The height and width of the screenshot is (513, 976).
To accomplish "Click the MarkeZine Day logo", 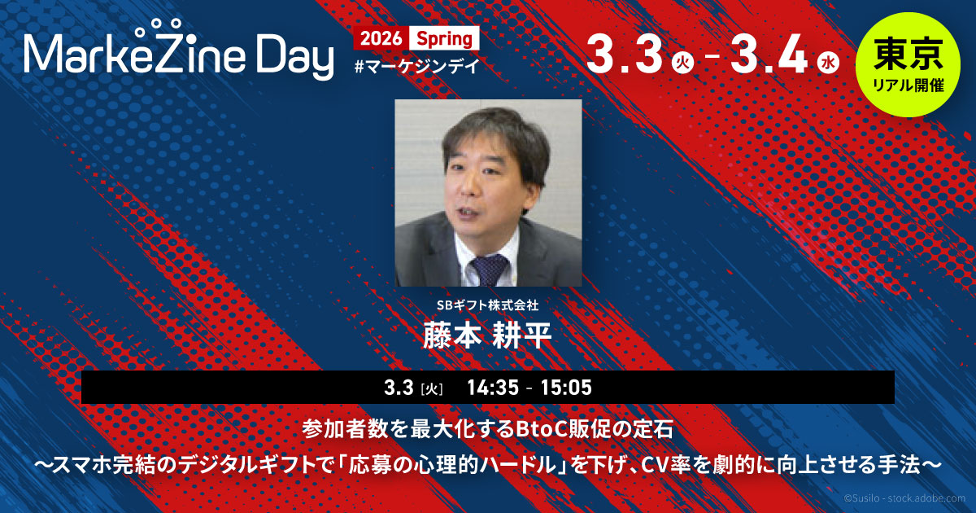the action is [179, 50].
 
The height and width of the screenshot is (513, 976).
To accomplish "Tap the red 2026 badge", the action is [381, 38].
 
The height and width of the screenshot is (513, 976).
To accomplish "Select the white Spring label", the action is [444, 38].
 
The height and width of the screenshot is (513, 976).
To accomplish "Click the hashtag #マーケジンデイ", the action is [417, 66].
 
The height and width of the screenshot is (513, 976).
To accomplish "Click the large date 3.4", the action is [769, 55].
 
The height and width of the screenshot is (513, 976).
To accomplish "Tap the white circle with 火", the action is [682, 64].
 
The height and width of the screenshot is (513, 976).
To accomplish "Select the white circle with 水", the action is [828, 64].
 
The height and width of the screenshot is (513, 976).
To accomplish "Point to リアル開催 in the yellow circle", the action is [908, 85].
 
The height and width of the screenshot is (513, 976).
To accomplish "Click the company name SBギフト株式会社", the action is [487, 305].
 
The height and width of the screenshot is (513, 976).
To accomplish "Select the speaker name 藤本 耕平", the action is [487, 335].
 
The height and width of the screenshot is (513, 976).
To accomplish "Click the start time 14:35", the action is [493, 388].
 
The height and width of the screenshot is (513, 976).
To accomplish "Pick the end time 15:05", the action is [566, 388].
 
